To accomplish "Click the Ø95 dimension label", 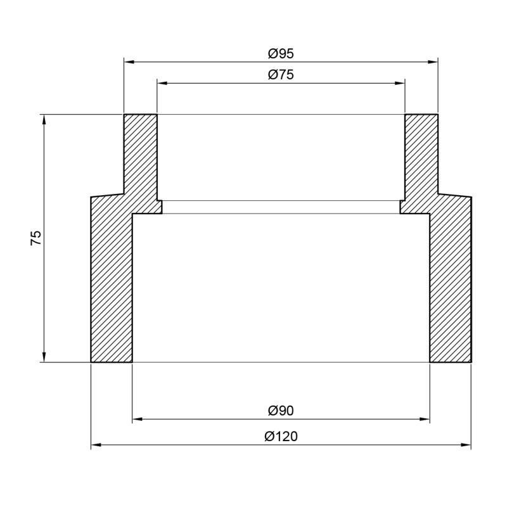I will [x=281, y=54].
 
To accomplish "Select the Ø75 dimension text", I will [x=281, y=75].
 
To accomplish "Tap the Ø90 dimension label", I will [x=281, y=411].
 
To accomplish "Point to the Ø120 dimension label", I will [x=281, y=437].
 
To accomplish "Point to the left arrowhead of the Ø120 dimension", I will [x=96, y=446].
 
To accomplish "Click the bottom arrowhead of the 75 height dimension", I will [x=44, y=358].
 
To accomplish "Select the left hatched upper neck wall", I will [x=140, y=158].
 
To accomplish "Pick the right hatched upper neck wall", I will [x=421, y=158].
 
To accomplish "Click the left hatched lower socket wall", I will [x=112, y=285].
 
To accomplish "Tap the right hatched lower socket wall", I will [x=451, y=285].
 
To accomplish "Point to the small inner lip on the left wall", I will [x=160, y=207].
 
